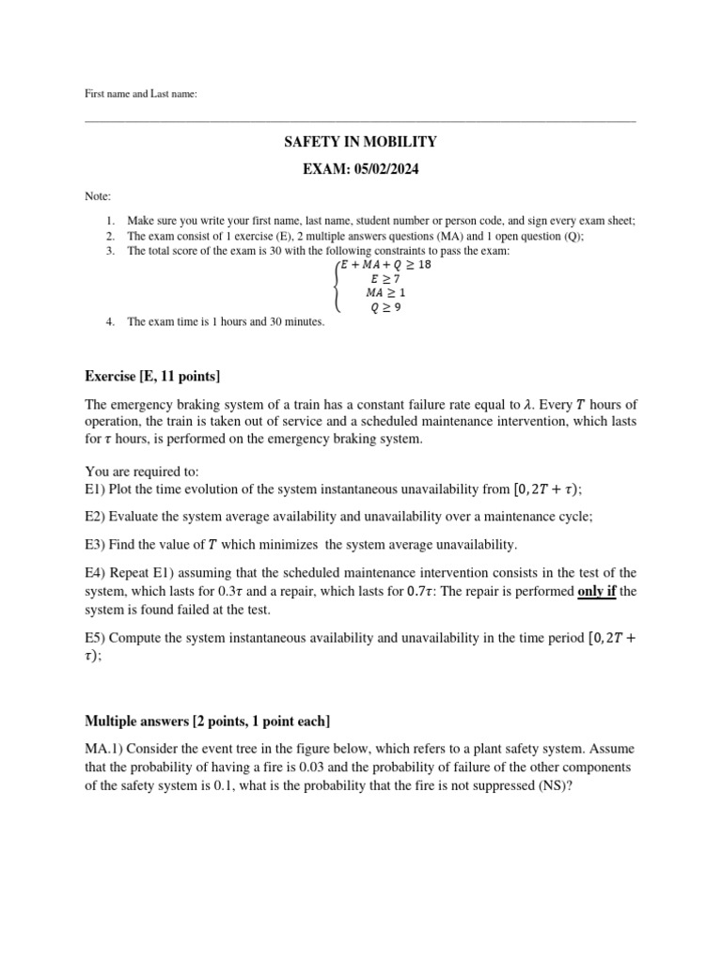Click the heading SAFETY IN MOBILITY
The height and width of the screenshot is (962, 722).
pyautogui.click(x=361, y=142)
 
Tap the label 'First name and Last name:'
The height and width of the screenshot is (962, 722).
pyautogui.click(x=141, y=94)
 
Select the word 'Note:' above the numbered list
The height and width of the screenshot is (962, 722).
pyautogui.click(x=97, y=196)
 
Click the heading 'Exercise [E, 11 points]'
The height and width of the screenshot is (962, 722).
pyautogui.click(x=152, y=377)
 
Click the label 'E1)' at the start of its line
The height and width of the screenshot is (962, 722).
pyautogui.click(x=95, y=489)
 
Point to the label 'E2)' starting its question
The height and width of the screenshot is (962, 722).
pyautogui.click(x=95, y=517)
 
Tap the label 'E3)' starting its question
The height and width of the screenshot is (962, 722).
pyautogui.click(x=95, y=545)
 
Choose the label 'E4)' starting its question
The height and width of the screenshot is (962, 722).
pyautogui.click(x=95, y=573)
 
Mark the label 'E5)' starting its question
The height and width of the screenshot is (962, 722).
pyautogui.click(x=95, y=638)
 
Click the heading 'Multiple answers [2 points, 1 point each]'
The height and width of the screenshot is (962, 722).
pyautogui.click(x=208, y=721)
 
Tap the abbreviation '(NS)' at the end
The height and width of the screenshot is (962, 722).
pyautogui.click(x=553, y=785)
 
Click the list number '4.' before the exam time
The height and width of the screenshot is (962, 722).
pyautogui.click(x=111, y=322)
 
